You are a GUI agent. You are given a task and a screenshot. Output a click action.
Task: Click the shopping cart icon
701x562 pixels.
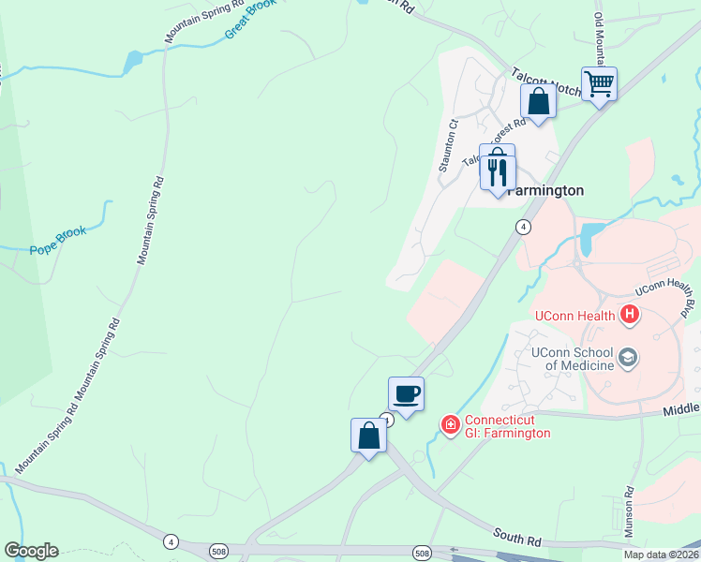(599, 84)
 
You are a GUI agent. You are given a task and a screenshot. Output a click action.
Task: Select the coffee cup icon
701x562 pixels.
(406, 393)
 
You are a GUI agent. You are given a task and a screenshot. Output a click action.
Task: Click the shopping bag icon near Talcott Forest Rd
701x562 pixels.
(538, 101)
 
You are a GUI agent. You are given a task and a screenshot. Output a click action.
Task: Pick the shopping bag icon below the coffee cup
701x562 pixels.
(368, 436)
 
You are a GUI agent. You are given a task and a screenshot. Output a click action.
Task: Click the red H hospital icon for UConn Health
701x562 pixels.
(631, 316)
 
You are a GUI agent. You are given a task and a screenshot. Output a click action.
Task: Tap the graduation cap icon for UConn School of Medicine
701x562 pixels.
(628, 357)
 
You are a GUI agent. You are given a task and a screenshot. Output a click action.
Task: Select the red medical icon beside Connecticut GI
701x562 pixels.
(451, 425)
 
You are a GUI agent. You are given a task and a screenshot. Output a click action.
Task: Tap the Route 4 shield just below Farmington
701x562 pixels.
(523, 227)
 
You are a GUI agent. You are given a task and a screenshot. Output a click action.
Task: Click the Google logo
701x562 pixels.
(31, 551)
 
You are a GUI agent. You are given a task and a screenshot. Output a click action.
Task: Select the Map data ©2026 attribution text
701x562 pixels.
(661, 555)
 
